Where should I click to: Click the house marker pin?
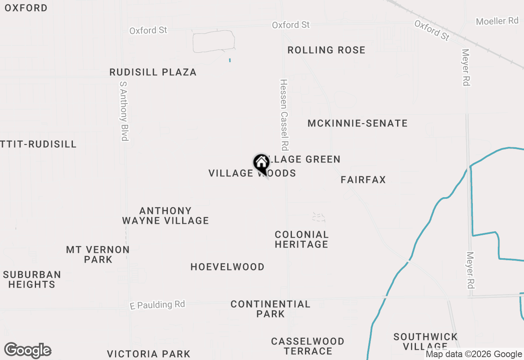(x=261, y=163)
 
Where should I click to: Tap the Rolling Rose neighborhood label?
(x=326, y=50)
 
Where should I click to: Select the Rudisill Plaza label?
(x=153, y=72)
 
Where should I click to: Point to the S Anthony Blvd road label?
(x=124, y=110)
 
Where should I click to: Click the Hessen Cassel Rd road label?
(x=285, y=115)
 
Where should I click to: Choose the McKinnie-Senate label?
(x=357, y=123)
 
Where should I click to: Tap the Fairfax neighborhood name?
(x=363, y=180)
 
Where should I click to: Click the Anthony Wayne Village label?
(x=165, y=216)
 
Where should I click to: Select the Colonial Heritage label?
(x=302, y=239)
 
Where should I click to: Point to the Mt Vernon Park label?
(x=98, y=254)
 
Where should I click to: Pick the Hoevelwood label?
(x=227, y=267)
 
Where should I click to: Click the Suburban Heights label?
(x=32, y=279)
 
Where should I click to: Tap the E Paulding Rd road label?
(x=157, y=305)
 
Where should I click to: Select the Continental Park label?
(x=270, y=309)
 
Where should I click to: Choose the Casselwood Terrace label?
(x=307, y=346)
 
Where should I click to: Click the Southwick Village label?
(x=425, y=342)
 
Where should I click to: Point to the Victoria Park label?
(x=149, y=354)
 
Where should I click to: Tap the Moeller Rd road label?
(x=497, y=21)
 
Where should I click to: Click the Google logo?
(x=27, y=351)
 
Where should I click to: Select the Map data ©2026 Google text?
(x=474, y=354)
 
